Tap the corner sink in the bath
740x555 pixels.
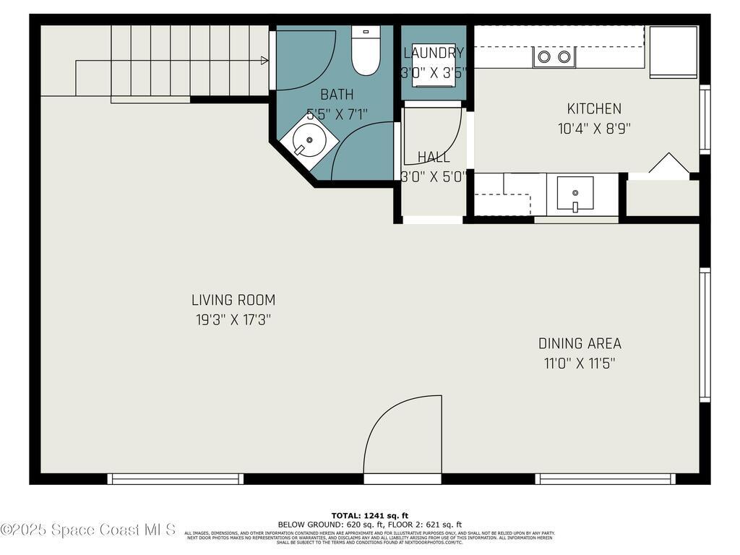tap(309, 139)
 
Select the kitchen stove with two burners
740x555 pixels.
tap(554, 56)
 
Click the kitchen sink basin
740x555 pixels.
tap(575, 193)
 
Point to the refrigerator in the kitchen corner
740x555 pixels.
tap(673, 51)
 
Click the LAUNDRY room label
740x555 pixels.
tap(434, 53)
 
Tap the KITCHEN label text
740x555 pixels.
tap(594, 109)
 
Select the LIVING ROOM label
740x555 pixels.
tap(233, 300)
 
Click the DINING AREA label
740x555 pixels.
tap(580, 344)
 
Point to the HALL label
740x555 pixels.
tap(434, 157)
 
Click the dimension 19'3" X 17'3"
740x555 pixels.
tap(233, 319)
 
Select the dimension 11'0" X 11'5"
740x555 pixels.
tap(580, 363)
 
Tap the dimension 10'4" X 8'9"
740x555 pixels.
tap(594, 129)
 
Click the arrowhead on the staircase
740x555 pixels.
tap(264, 61)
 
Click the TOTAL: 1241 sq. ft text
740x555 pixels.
tap(370, 515)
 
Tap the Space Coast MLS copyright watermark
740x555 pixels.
tap(88, 530)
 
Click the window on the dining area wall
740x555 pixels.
tap(705, 335)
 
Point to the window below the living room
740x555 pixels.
tap(175, 478)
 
